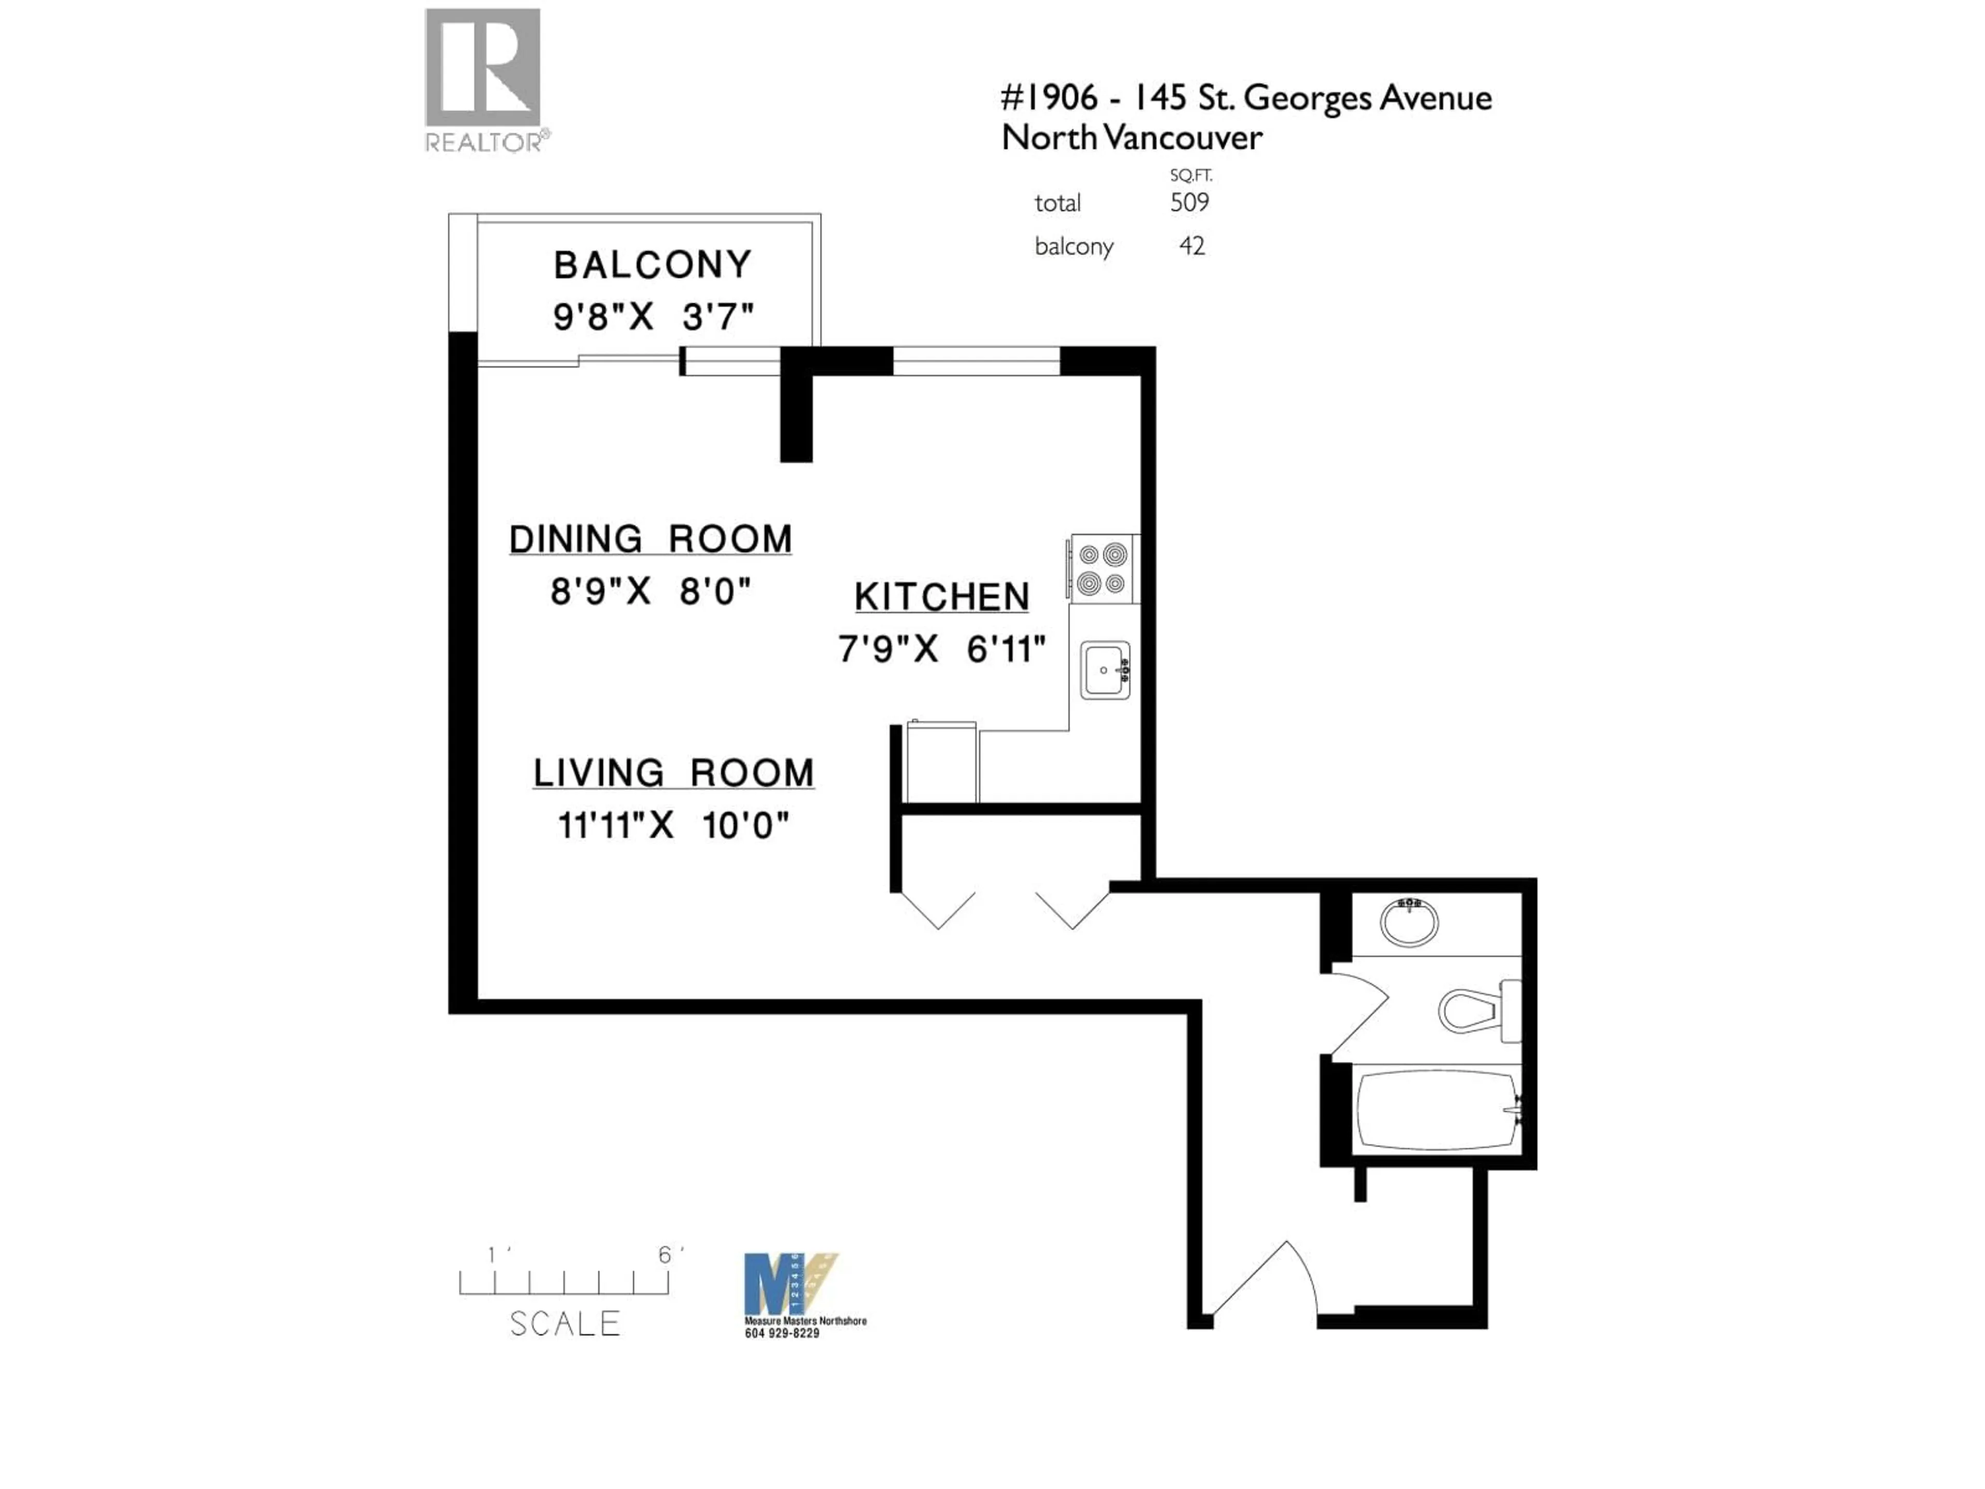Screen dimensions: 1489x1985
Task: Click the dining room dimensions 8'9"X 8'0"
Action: [651, 591]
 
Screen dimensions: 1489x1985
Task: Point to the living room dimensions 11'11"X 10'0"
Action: [673, 825]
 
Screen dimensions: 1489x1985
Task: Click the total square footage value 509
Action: [1189, 203]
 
